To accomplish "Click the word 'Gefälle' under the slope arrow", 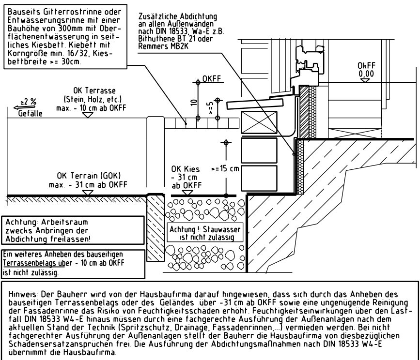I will point(30,114).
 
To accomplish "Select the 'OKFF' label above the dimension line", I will point(212,78).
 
